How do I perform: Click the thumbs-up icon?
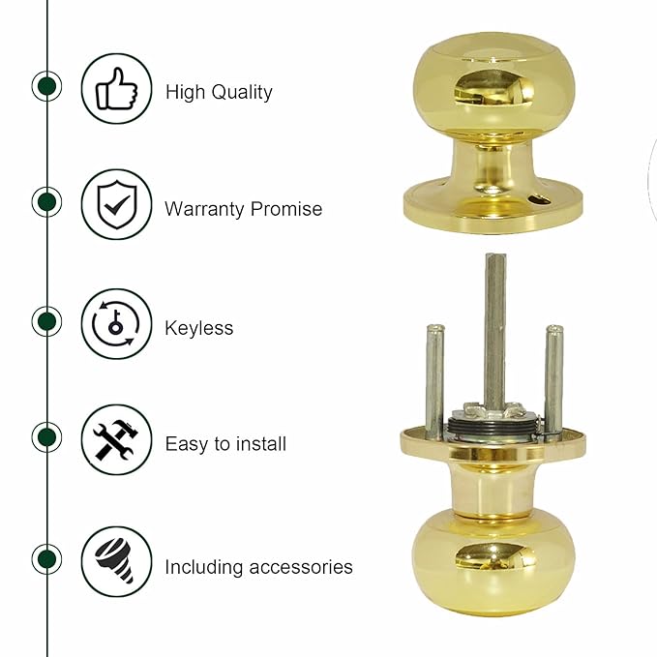coord(116,89)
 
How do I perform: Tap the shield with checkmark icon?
coord(116,204)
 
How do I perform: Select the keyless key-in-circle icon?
coord(116,323)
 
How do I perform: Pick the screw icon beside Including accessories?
coord(116,561)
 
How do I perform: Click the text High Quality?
coord(219,93)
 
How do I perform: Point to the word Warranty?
coord(205,209)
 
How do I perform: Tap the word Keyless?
coord(198,328)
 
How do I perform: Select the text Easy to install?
coord(225,444)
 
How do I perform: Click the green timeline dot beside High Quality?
coord(46,86)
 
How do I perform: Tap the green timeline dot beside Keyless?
coord(46,321)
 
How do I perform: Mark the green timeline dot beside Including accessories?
coord(46,558)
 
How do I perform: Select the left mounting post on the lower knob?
coord(434,377)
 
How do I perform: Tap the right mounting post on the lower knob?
coord(553,377)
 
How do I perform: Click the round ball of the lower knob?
coord(493,561)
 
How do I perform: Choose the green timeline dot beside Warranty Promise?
coord(46,202)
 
